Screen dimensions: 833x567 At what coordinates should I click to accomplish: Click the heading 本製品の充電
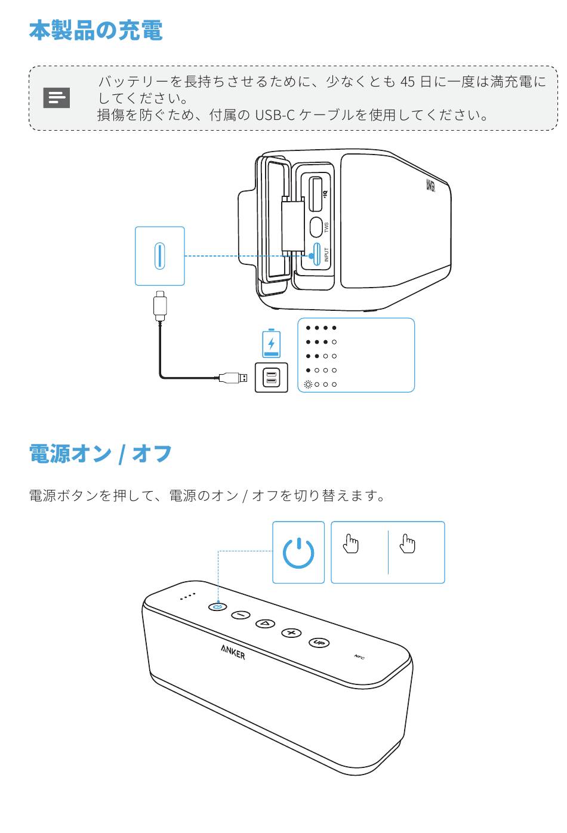95,30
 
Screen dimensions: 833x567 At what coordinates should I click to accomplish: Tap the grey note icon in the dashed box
57,98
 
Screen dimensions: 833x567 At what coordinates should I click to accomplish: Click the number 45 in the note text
407,81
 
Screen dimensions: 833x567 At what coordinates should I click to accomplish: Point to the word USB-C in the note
275,115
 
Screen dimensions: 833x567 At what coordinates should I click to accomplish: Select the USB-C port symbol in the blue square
160,256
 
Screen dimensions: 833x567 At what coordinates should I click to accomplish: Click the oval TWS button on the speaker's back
316,227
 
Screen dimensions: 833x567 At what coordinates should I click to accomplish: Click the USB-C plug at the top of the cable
160,304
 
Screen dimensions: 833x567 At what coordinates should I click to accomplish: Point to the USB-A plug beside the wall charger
233,377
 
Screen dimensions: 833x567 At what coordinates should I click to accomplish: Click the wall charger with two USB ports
271,378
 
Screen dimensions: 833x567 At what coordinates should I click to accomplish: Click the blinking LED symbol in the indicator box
308,384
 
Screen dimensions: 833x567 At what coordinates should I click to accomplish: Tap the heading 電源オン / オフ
100,454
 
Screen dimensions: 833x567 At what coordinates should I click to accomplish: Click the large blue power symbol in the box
298,553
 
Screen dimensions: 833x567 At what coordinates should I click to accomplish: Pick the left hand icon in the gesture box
351,544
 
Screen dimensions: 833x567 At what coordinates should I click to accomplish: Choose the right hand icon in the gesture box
408,544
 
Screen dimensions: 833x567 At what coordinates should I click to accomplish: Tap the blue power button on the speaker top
218,606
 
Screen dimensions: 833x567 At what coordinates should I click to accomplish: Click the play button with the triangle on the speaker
265,624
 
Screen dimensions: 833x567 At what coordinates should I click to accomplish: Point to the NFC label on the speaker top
359,657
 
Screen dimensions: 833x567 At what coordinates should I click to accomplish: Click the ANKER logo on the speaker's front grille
233,652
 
